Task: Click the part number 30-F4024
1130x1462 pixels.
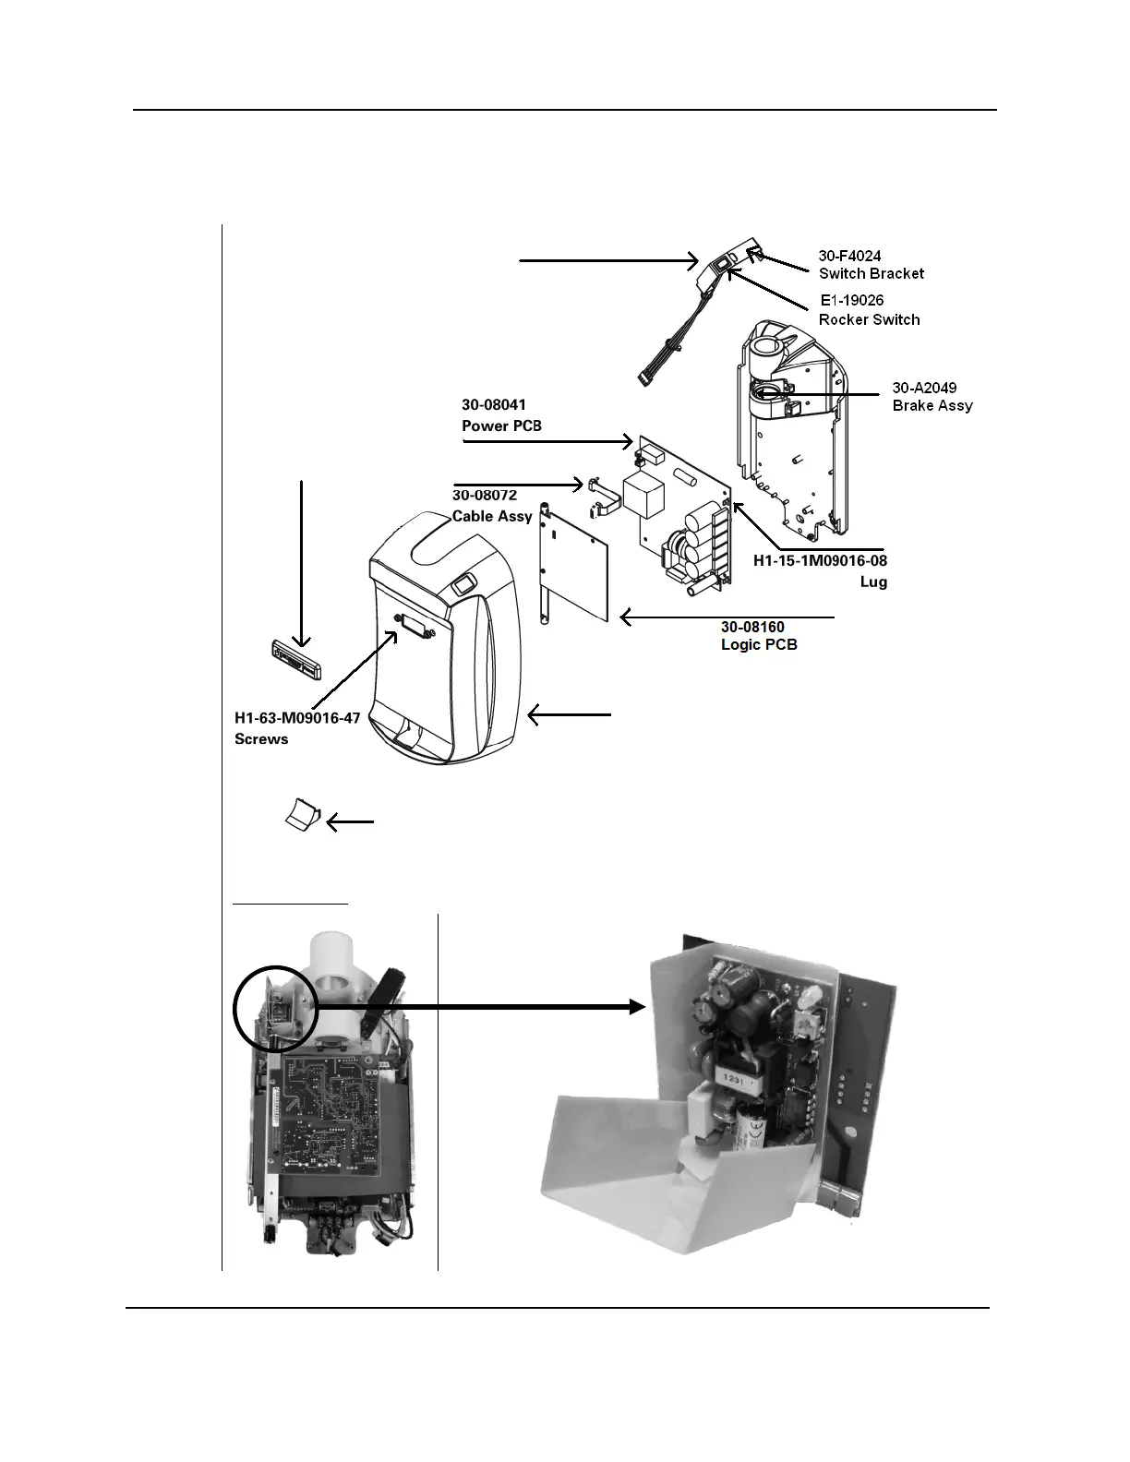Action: click(x=849, y=255)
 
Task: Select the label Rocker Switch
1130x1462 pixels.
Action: click(x=869, y=319)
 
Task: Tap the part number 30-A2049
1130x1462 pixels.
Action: click(x=924, y=388)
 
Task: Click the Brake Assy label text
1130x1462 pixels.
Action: click(x=932, y=405)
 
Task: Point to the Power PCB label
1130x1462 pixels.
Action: click(x=501, y=425)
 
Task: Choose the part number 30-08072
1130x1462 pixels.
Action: click(x=484, y=496)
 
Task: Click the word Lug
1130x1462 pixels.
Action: click(x=873, y=582)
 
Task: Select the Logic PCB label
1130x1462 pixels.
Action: click(x=758, y=644)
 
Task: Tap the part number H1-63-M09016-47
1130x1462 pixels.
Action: click(x=296, y=719)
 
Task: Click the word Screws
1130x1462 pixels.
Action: click(x=261, y=738)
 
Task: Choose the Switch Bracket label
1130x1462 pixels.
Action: click(x=871, y=273)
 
